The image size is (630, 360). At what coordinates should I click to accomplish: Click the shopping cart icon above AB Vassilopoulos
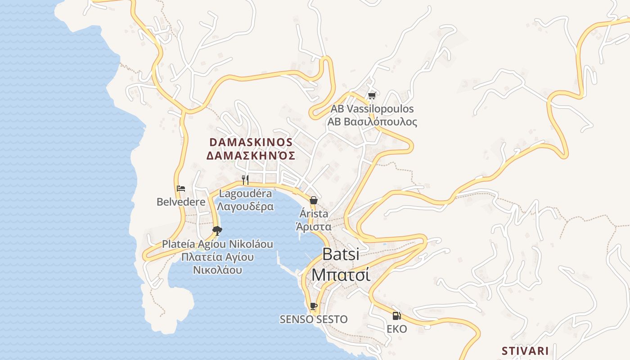point(372,95)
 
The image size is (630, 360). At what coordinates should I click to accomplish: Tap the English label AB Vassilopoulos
point(372,109)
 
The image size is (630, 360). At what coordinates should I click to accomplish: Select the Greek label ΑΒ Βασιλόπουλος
point(372,122)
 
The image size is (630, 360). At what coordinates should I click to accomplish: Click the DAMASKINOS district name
point(251,142)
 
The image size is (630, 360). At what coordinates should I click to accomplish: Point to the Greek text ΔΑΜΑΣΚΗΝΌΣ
point(251,156)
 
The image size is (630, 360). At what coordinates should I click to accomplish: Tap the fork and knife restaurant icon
point(245,180)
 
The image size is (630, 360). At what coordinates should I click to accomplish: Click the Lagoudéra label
point(245,194)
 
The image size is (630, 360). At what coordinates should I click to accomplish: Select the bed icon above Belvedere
point(181,189)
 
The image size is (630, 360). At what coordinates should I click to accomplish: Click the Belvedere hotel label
point(181,202)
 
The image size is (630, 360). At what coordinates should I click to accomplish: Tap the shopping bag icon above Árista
point(313,200)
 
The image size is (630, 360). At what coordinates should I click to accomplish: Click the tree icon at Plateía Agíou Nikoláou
point(217,231)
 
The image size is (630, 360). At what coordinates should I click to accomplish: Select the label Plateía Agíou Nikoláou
point(218,244)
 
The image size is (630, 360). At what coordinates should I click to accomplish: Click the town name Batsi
point(341,254)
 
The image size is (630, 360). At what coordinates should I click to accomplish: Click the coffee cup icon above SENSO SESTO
point(314,306)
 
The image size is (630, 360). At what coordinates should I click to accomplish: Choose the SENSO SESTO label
point(314,319)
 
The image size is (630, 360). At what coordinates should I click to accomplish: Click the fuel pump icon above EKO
point(396,316)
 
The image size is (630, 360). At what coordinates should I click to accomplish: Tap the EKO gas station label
point(396,329)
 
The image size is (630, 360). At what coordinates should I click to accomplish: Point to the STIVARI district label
point(525,351)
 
